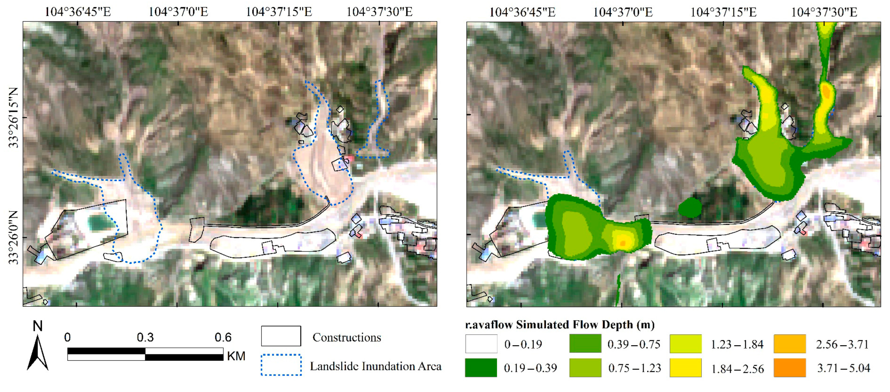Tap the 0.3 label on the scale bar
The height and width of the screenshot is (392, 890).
click(x=145, y=337)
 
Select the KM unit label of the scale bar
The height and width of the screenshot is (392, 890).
click(x=236, y=356)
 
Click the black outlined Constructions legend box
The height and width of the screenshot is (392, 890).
click(x=281, y=336)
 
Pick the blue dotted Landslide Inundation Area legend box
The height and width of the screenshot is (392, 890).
click(x=281, y=365)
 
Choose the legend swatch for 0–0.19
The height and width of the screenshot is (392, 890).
click(x=481, y=344)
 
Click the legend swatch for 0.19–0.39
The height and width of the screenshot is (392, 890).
click(x=481, y=368)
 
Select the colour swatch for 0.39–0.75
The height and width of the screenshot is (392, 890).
click(x=585, y=344)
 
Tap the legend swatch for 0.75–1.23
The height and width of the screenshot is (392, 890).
click(x=585, y=368)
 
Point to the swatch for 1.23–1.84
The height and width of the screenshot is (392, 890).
click(x=685, y=344)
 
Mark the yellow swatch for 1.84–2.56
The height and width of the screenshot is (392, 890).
click(x=685, y=368)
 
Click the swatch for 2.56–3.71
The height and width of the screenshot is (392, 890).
click(x=789, y=344)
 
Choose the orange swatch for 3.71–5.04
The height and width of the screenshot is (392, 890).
click(x=789, y=368)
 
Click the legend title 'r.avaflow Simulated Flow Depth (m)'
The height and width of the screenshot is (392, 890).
click(x=560, y=325)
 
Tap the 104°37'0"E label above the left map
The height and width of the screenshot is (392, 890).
click(x=178, y=12)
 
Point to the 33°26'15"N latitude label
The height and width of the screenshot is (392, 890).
click(x=14, y=118)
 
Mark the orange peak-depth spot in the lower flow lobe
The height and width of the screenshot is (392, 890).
click(x=623, y=243)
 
